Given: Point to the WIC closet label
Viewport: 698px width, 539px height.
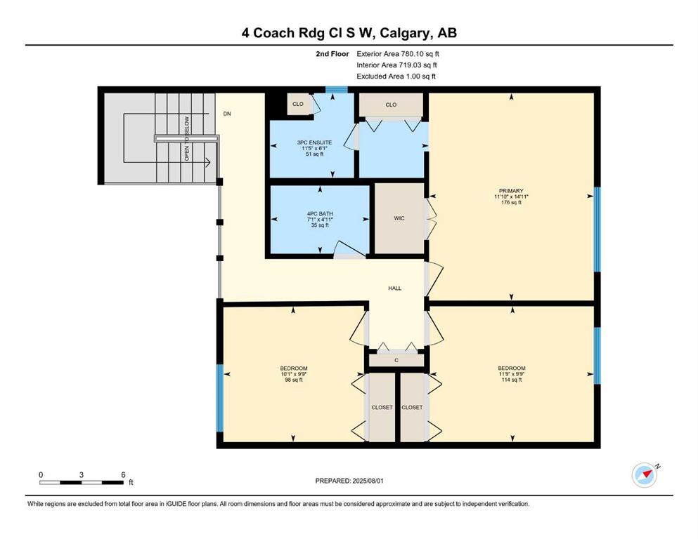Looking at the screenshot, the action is [399, 218].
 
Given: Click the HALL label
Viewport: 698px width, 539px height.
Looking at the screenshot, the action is [395, 288].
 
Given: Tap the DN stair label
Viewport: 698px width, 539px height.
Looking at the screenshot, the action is [227, 114].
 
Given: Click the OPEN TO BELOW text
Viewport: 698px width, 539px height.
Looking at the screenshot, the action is [187, 139].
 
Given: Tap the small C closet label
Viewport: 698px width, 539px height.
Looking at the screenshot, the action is [396, 360].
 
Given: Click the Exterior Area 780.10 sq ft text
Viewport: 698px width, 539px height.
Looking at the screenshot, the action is [398, 54].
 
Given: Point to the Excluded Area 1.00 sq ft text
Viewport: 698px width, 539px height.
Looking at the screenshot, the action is [396, 76].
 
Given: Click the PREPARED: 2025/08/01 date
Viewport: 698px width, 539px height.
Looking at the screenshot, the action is [349, 481].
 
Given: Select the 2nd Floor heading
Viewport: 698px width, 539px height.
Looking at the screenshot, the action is [332, 54].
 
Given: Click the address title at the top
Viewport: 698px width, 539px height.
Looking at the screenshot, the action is [349, 33].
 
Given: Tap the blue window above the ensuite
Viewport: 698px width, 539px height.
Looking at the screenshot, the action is [337, 90].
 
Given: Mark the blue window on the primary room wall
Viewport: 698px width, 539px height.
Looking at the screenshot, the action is [597, 229].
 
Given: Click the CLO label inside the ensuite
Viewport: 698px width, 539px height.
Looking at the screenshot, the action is [298, 104].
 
